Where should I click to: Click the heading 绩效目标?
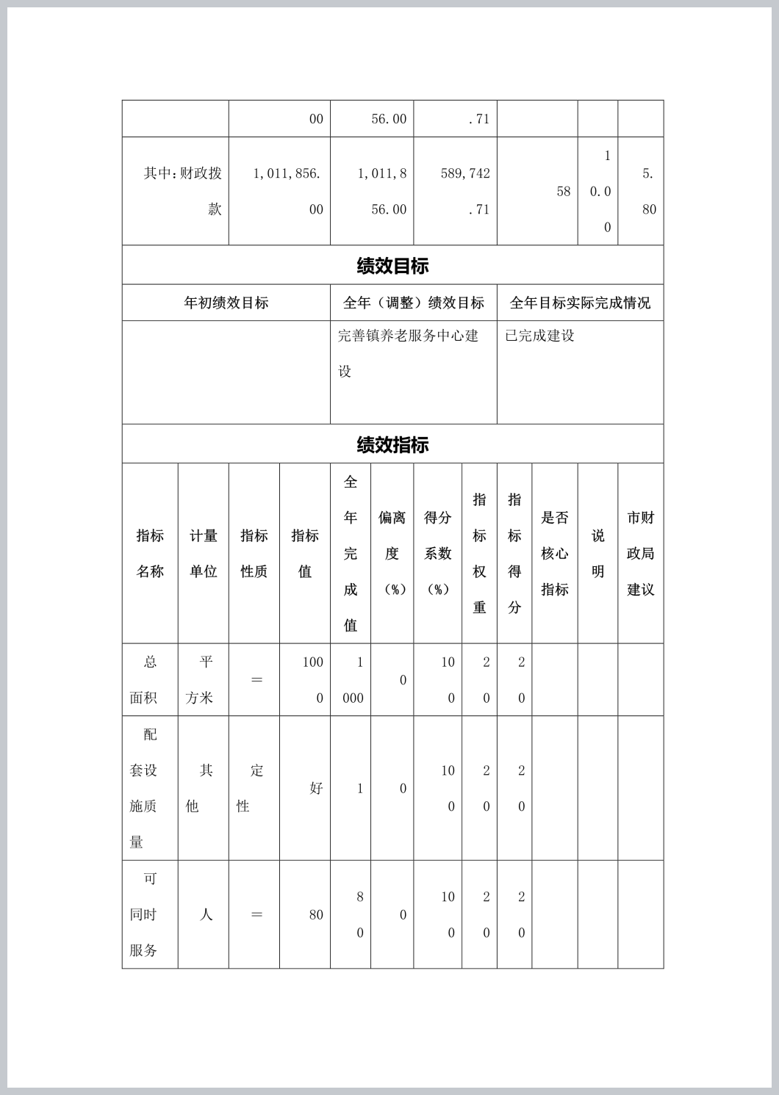[392, 266]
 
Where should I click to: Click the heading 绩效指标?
[392, 445]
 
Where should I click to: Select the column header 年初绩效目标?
[226, 303]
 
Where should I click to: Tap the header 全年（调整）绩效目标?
[413, 303]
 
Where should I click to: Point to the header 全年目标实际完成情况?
[580, 303]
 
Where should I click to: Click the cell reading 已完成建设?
[539, 336]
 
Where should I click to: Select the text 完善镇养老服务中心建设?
[408, 353]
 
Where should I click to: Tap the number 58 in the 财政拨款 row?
[563, 192]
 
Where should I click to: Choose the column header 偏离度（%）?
[392, 553]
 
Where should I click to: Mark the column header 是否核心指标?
[555, 553]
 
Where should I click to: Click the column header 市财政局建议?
[640, 553]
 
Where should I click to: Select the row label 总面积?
[150, 680]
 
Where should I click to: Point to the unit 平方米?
[203, 680]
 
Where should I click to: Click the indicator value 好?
[316, 788]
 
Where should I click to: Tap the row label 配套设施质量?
[150, 788]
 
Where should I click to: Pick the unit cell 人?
[206, 915]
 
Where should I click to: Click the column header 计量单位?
[204, 553]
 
